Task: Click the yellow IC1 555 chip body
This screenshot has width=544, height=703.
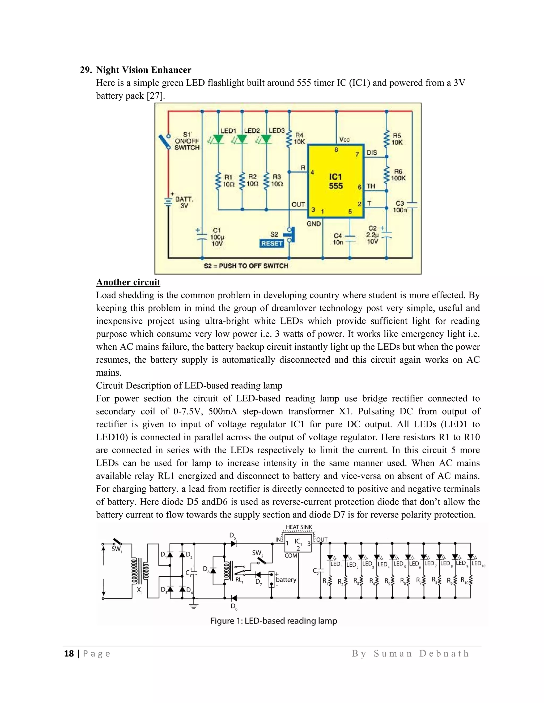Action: (x=335, y=181)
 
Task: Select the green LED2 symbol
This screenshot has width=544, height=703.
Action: (x=242, y=139)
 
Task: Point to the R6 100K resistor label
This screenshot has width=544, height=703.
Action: (x=398, y=175)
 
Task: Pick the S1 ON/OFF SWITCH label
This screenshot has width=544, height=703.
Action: (x=187, y=141)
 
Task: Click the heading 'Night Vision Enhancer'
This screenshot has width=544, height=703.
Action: (x=143, y=70)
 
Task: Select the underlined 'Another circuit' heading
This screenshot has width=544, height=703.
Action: (x=128, y=282)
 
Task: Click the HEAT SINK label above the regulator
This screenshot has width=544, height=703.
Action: (x=299, y=527)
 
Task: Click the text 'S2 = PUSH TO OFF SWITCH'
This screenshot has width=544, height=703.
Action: (x=246, y=266)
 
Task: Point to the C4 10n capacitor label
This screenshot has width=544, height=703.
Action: (x=338, y=239)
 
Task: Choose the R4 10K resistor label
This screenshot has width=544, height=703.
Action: (x=299, y=138)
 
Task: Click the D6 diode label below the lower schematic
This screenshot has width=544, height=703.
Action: (x=234, y=607)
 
